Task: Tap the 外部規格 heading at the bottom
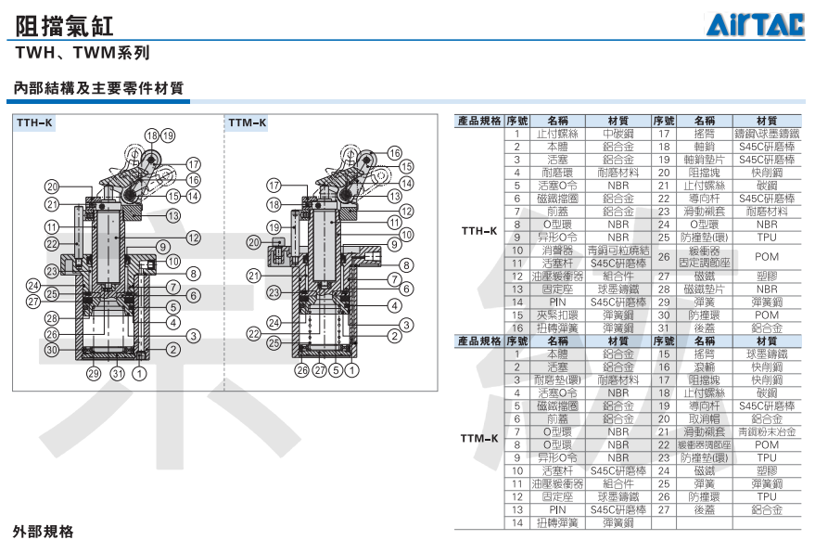pos(42,532)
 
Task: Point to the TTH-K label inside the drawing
pos(34,122)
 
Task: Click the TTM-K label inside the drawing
pos(248,122)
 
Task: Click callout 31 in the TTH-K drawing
pos(117,373)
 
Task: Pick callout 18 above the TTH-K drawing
pos(151,135)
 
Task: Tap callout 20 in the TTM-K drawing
pos(254,242)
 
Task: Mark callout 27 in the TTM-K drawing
pos(319,371)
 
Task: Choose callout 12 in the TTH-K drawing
pos(193,238)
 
